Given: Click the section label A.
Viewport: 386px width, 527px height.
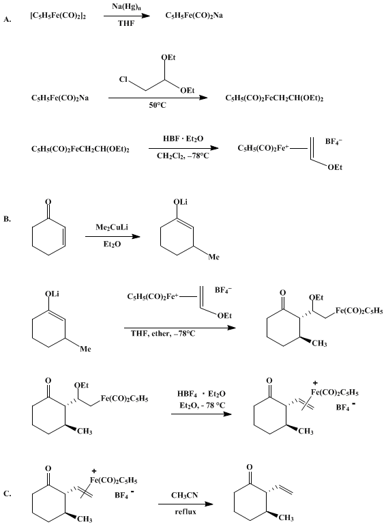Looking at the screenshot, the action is (x=8, y=20).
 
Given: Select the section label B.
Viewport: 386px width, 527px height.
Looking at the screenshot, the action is (x=7, y=219).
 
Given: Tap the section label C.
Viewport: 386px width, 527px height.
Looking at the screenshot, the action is (x=8, y=494).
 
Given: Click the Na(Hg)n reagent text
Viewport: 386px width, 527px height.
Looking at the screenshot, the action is (x=126, y=7).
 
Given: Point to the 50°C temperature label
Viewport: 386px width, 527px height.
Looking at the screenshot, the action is (x=158, y=105).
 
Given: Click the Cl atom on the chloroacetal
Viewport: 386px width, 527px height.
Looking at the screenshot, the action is (x=123, y=80).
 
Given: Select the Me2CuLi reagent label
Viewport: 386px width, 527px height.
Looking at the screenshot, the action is (x=112, y=227).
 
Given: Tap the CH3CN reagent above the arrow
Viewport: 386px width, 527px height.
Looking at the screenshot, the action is (x=185, y=496).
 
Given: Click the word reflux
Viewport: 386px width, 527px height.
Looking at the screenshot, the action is (x=185, y=511).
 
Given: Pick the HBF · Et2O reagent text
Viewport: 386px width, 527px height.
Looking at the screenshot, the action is (x=183, y=139).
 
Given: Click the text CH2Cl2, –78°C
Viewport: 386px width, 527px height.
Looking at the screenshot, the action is (x=183, y=156).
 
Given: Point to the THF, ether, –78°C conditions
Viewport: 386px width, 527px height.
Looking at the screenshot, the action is (x=163, y=334).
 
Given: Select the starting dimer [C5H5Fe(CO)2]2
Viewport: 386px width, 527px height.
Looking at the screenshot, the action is (x=58, y=16).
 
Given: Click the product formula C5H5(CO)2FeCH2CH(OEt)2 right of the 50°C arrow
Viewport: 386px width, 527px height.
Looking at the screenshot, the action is (x=274, y=98).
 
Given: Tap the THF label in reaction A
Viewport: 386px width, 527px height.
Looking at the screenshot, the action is (x=126, y=23).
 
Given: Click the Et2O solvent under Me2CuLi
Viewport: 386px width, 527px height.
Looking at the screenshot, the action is (x=112, y=244).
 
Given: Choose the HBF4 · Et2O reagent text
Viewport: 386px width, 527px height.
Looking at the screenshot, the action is (x=201, y=394).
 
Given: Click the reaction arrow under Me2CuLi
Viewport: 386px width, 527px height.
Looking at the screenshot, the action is (x=113, y=237).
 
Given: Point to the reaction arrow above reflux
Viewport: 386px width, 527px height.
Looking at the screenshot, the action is (x=185, y=504).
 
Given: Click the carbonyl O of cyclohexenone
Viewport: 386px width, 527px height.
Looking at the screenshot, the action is (x=48, y=202).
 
